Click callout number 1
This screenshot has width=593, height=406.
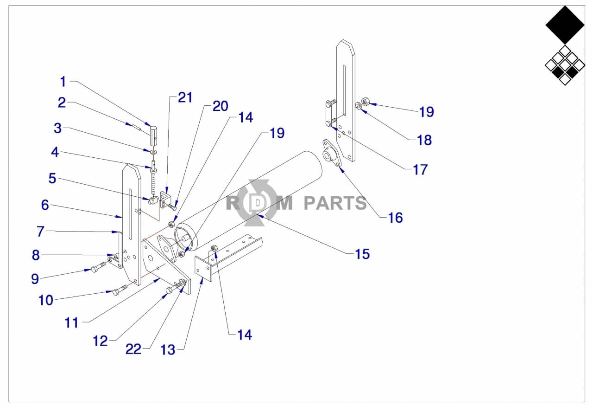coord(63,82)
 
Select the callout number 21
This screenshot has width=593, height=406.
coord(185,97)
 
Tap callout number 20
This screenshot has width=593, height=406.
coord(221,106)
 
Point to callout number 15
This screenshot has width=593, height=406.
coord(362,254)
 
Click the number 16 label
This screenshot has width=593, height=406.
coord(396,217)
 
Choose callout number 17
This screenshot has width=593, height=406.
coord(420,170)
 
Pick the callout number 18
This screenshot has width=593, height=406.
coord(424,140)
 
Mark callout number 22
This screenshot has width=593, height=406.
coord(133,349)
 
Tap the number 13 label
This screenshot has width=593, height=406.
coord(168,349)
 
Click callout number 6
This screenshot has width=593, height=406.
coord(44,205)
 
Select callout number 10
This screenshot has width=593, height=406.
coord(46,300)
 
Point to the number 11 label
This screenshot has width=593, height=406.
coord(72,322)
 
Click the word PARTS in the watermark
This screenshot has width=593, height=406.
coord(335,203)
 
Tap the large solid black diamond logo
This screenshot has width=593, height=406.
coord(565,25)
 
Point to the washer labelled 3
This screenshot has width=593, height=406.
coord(153,152)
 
